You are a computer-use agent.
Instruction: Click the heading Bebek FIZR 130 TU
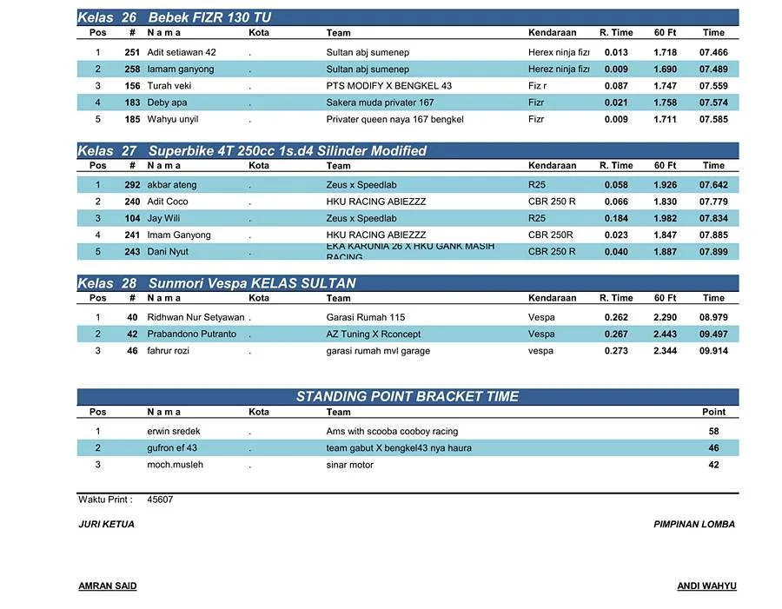click(x=209, y=17)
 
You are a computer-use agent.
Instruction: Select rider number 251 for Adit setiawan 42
click(x=132, y=52)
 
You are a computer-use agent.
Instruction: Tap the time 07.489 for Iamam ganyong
click(x=713, y=70)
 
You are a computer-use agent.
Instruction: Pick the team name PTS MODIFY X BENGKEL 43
click(x=389, y=86)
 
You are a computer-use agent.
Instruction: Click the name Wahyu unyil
click(x=173, y=119)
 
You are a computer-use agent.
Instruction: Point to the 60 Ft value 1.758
click(x=665, y=103)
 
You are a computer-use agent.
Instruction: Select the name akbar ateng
click(x=172, y=185)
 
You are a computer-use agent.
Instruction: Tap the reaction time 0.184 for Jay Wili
click(x=616, y=219)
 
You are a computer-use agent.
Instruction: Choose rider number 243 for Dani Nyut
click(x=132, y=252)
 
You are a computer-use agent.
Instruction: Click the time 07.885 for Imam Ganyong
click(x=713, y=235)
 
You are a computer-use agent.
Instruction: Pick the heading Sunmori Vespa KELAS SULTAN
click(x=252, y=283)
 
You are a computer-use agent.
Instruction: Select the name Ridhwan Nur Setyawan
click(x=195, y=318)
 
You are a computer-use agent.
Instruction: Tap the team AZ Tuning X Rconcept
click(x=374, y=334)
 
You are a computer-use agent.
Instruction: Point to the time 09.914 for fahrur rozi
click(x=713, y=351)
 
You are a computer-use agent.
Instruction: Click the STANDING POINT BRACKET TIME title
click(x=408, y=397)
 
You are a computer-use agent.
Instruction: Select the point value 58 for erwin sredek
click(x=713, y=432)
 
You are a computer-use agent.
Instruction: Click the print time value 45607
click(x=160, y=500)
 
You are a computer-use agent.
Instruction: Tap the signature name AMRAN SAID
click(x=108, y=586)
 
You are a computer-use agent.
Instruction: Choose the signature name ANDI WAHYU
click(x=706, y=586)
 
